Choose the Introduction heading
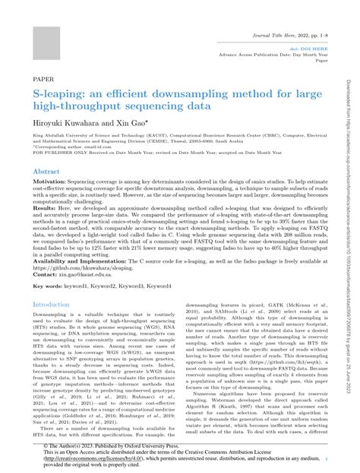tap(51, 304)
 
